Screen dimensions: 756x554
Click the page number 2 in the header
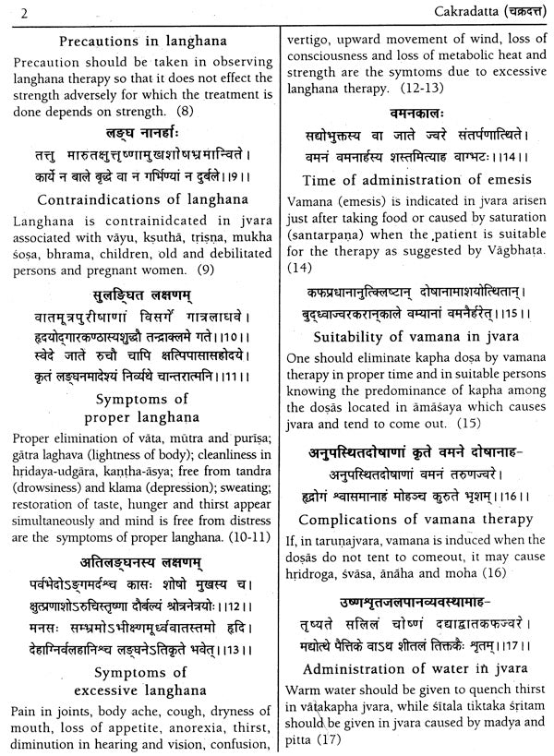pyautogui.click(x=7, y=12)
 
